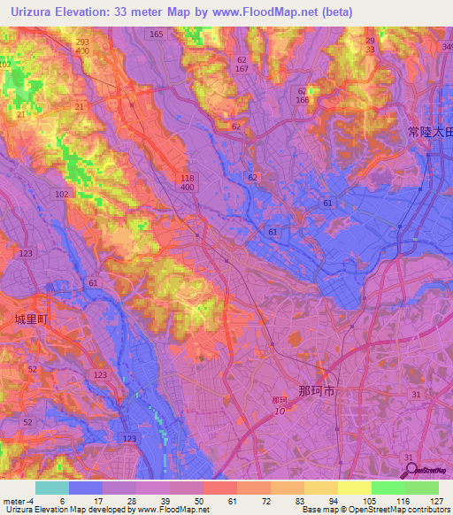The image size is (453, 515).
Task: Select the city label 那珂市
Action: click(317, 390)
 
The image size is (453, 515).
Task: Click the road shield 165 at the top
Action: click(157, 35)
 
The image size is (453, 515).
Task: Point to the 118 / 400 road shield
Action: click(187, 182)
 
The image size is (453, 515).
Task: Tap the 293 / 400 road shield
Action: click(82, 48)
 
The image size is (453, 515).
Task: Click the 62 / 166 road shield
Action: click(303, 96)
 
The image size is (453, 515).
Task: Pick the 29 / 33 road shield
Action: click(370, 46)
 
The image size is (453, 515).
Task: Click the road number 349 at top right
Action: click(447, 46)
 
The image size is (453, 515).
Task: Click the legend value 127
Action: click(437, 501)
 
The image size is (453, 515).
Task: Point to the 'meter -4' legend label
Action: click(19, 501)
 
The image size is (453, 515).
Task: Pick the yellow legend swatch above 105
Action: click(355, 488)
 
